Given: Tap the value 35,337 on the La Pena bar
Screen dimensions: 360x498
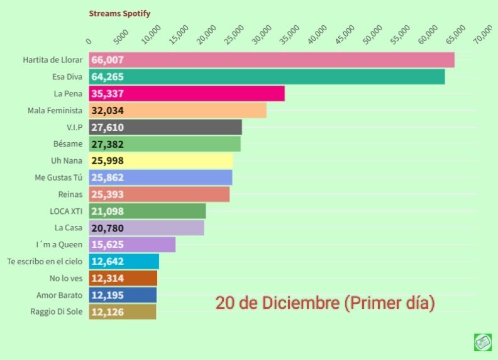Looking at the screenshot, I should coord(108,94).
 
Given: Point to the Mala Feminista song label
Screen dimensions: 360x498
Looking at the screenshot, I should coord(55,110).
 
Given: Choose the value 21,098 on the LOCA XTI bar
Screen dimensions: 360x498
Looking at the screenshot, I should coord(108,211).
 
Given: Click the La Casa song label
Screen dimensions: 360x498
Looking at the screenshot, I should coord(69,228).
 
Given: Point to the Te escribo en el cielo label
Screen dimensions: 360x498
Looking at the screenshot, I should coord(45,261).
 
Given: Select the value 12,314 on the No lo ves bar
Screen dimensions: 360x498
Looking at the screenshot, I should coord(108,278).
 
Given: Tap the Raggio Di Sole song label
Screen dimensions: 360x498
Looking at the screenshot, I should coord(57,312).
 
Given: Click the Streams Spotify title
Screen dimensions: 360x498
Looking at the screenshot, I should coord(119,13).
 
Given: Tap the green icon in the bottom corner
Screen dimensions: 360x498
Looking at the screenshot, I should coord(482,342).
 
